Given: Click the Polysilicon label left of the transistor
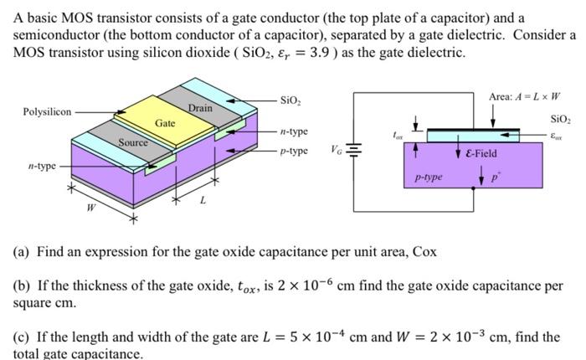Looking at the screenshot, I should pos(47,111).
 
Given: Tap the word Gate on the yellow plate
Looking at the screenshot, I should pos(165,123).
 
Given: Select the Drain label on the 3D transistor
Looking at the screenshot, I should pos(200,108).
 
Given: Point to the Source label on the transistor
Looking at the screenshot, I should pos(132,142).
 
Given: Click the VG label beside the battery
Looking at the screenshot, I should pos(337,152).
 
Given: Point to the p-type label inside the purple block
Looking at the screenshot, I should pos(429,177).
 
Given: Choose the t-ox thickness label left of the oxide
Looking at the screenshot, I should pos(398,134).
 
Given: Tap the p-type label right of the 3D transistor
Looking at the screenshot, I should pos(294,152).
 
